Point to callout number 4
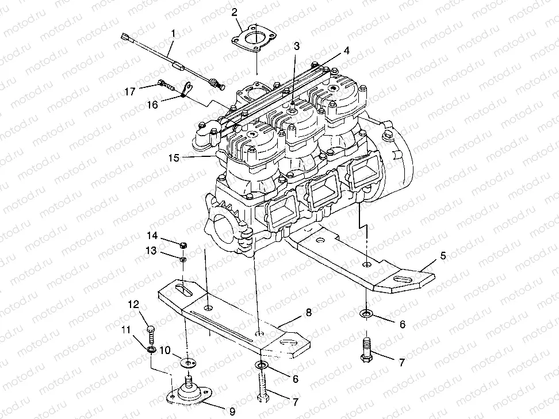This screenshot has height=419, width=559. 346,51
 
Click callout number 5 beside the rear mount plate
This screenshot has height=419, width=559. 442,256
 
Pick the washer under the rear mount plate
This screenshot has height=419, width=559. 366,314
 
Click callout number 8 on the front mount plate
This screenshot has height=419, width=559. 308,313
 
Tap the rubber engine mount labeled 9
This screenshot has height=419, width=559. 187,391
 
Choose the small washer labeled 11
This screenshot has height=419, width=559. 151,350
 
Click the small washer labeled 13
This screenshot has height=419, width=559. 182,260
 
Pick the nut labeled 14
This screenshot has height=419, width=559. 183,245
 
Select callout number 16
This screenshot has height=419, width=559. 152,105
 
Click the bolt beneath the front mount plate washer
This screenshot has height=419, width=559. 263,386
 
